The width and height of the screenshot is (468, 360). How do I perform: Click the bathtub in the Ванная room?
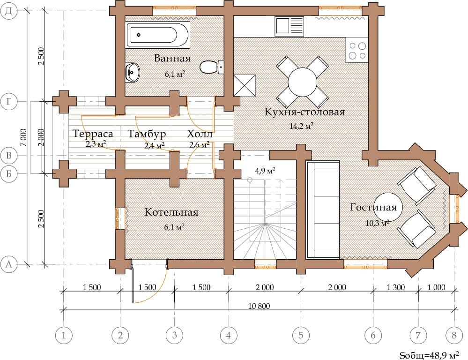point(157,35)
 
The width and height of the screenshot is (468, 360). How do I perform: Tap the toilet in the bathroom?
point(211,67)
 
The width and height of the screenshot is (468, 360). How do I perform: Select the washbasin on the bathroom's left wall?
point(132,72)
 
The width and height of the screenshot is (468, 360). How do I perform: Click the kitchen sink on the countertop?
point(289,26)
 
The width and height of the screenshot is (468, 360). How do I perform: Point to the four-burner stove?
point(357,50)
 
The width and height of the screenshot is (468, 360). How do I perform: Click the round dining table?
point(302,82)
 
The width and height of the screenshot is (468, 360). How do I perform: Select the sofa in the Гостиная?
point(323,210)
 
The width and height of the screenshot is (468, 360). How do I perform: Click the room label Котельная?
point(171,212)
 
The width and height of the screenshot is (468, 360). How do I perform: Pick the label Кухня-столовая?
point(305,112)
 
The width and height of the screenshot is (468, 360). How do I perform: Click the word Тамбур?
point(147,134)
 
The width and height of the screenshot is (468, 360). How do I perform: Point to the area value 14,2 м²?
point(301,126)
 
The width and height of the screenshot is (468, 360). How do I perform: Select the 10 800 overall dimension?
point(259,306)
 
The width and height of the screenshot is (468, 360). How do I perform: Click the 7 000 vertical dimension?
point(23,137)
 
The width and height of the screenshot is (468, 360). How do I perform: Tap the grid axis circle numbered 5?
point(301,335)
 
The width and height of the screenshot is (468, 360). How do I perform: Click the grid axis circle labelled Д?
point(8,11)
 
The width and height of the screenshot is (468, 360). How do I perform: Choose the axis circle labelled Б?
point(8,173)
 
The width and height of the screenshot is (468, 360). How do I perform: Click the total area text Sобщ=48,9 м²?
point(429,355)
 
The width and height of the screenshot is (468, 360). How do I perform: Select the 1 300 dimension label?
point(396,287)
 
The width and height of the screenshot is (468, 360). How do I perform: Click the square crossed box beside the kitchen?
point(245,85)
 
